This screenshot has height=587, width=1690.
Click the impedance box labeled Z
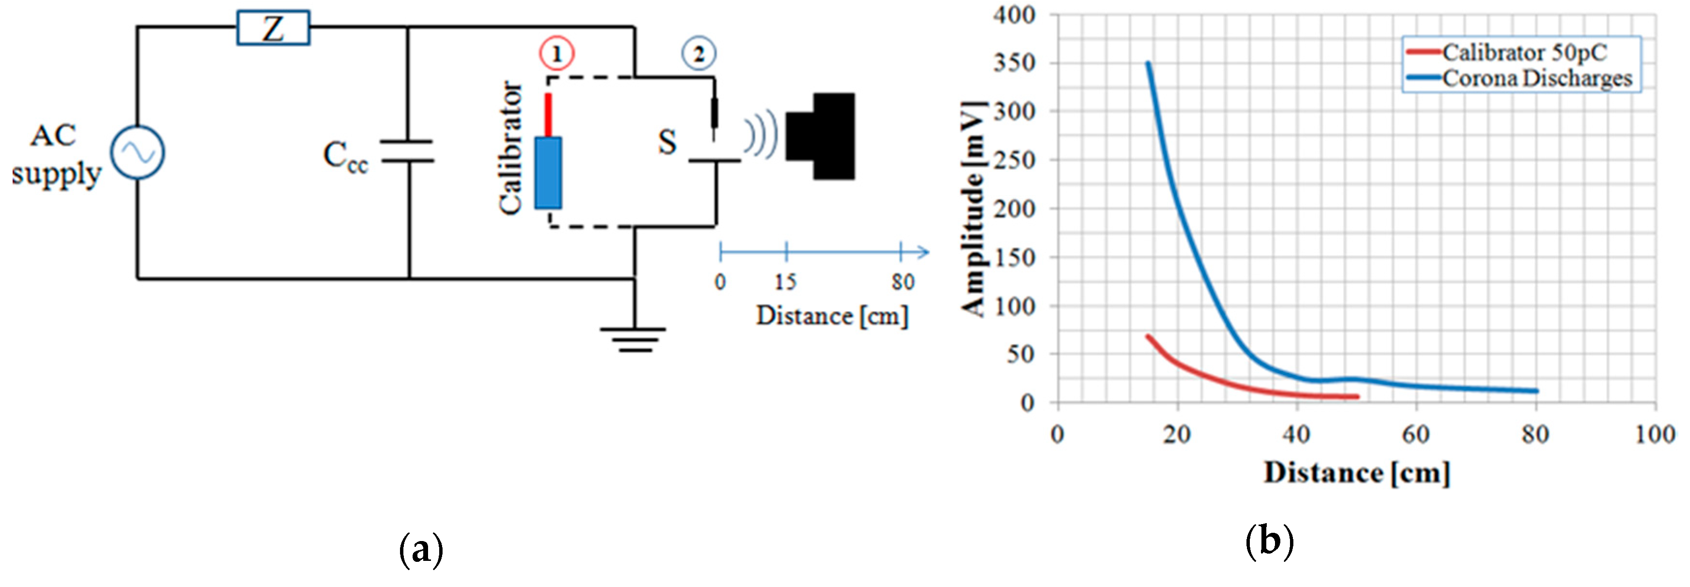click(273, 28)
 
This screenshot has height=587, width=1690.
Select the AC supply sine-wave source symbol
click(137, 152)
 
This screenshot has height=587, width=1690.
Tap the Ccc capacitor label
click(345, 158)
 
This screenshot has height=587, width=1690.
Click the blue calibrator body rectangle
click(548, 173)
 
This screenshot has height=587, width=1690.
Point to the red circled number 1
click(556, 54)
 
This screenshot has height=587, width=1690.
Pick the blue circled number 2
click(699, 54)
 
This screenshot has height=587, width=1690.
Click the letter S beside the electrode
click(667, 142)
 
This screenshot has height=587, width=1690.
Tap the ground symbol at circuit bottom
click(633, 338)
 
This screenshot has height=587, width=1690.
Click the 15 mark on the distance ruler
click(786, 282)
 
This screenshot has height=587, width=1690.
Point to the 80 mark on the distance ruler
click(902, 282)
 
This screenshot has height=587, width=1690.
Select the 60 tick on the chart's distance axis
click(1416, 434)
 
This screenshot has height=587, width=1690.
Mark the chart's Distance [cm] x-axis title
click(1357, 472)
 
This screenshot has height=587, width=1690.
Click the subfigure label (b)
click(1269, 542)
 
